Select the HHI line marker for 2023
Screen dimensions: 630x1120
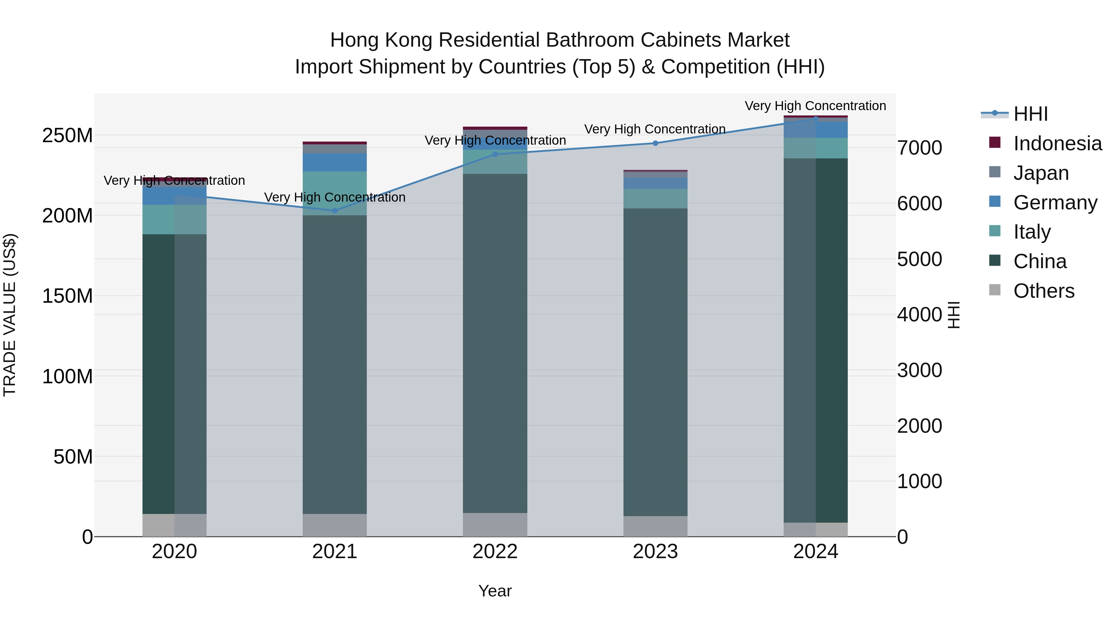(655, 143)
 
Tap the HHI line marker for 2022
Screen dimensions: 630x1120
(495, 154)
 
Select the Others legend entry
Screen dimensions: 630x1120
(1043, 291)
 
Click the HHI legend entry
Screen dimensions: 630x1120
(1030, 114)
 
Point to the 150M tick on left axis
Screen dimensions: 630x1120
(68, 296)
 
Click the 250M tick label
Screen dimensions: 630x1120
(68, 136)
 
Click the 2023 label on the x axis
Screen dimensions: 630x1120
(655, 552)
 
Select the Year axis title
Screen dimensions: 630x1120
(495, 591)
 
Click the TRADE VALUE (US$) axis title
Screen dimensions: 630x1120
(10, 315)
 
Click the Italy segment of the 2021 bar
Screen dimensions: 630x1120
(334, 194)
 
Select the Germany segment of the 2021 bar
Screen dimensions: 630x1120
(334, 162)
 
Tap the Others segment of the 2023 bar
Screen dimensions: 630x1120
(655, 526)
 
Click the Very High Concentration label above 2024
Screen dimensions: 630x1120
(815, 106)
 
